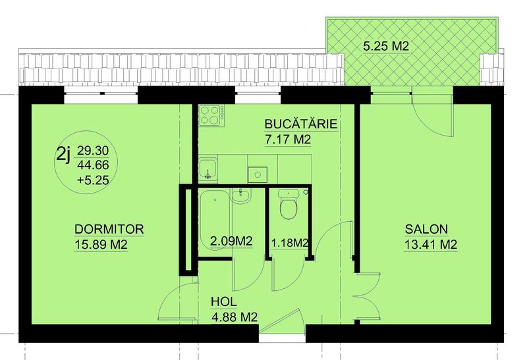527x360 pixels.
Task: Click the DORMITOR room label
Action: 109,229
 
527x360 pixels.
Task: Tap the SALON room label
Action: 426,229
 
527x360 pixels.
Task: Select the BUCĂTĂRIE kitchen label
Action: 301,124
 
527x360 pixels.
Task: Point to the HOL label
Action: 224,301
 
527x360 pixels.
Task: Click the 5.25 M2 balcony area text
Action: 386,46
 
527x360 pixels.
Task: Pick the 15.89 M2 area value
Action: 101,244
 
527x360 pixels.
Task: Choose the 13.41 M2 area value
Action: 431,244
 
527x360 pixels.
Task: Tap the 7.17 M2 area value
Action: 288,139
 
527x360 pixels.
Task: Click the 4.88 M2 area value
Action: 235,317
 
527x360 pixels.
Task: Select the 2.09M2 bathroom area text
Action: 231,241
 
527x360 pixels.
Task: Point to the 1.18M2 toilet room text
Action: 290,243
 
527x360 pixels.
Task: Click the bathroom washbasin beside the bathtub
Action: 240,195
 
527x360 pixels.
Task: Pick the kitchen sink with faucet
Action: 208,170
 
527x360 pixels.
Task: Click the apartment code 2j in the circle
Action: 64,155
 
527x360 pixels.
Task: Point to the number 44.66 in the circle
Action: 93,165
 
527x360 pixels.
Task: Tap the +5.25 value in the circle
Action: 93,180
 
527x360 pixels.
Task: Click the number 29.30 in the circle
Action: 93,151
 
